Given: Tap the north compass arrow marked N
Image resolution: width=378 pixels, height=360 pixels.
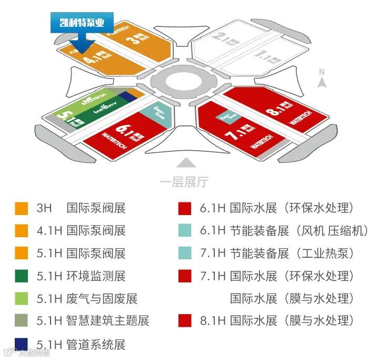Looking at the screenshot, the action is (323, 79).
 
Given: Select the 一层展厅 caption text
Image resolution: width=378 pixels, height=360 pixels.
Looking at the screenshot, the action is (184, 182).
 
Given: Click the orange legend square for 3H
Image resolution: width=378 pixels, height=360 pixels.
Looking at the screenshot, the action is (22, 208).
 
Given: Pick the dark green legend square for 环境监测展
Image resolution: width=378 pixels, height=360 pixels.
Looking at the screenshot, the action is (22, 275).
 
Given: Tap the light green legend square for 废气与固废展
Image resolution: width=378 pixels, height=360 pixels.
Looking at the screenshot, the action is (22, 298).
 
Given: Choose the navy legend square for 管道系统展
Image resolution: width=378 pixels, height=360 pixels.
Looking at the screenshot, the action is (22, 344).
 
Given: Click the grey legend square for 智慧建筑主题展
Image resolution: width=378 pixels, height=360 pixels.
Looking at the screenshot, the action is (22, 320).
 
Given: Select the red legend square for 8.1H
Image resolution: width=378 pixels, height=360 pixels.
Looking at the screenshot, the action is (185, 320).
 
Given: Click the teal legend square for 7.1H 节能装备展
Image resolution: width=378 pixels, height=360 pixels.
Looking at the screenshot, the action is (185, 253).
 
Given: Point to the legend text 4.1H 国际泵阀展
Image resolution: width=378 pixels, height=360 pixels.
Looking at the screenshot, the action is (81, 230).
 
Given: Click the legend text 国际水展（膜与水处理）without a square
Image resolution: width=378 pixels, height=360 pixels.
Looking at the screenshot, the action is (290, 298).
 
